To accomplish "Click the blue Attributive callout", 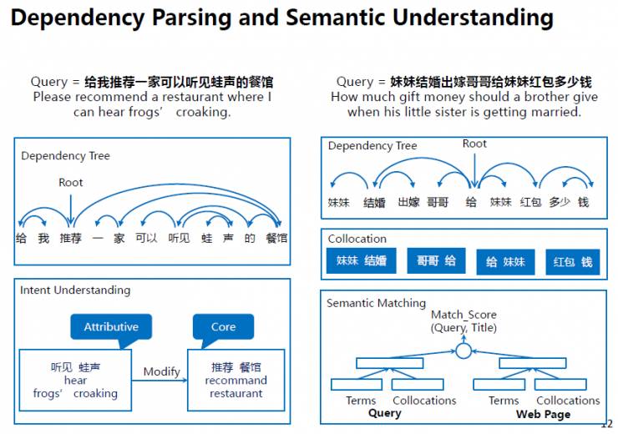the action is point(111,327).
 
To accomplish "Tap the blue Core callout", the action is point(223,327).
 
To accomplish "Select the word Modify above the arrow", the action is point(161,371).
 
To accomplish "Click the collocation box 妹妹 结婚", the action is point(361,260).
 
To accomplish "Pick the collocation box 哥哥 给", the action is point(436,260).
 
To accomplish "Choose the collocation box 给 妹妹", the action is point(505,262).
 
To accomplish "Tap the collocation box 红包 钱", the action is point(573,262).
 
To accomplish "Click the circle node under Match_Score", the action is point(463,351).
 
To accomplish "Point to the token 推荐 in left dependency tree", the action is point(70,238).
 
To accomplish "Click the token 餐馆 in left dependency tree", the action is point(276,238).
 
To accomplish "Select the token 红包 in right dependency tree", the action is point(530,203).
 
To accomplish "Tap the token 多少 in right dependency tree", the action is point(560,203).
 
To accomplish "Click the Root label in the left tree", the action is point(70,182).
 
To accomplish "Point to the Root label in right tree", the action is point(474,144).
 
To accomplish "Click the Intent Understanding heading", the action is point(75,290).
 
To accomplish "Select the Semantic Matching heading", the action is point(377,303).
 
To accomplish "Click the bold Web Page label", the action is point(543,414).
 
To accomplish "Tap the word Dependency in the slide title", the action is point(78,18).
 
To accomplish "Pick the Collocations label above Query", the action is point(424,401).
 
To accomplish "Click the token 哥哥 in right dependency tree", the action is point(438,203).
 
